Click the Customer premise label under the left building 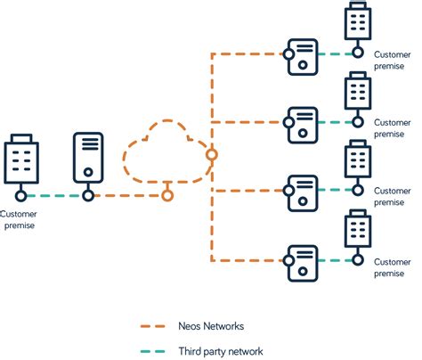[x=20, y=219]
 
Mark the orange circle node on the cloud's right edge [x=211, y=154]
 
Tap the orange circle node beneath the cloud [x=166, y=194]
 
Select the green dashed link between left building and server [x=53, y=195]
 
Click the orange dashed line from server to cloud [x=125, y=195]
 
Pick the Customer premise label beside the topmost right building [x=393, y=60]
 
